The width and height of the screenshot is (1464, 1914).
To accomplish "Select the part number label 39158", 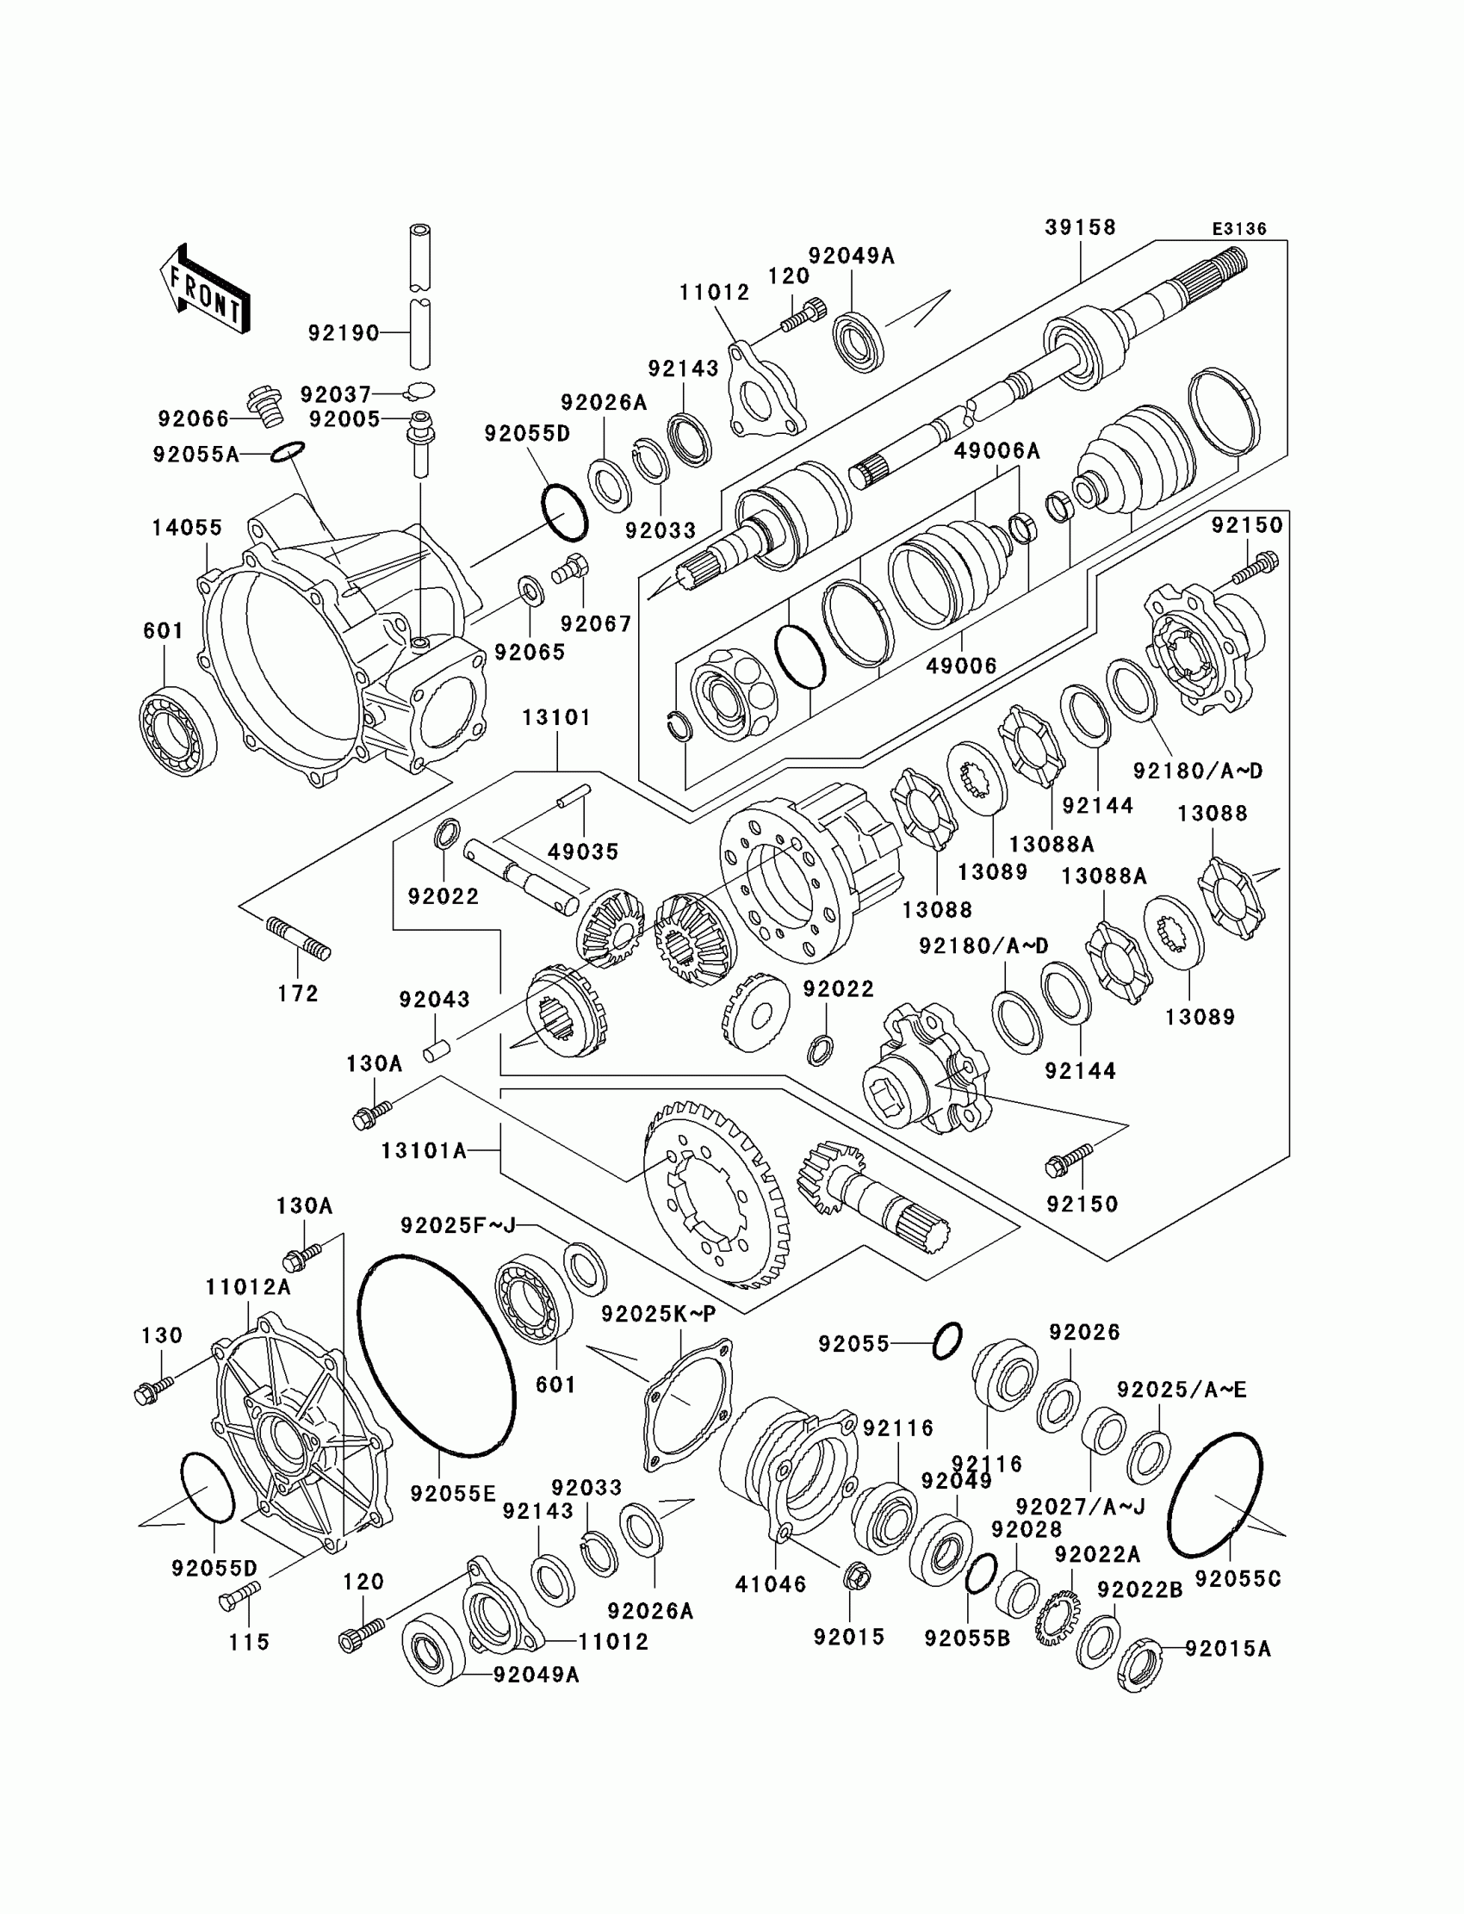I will (1080, 227).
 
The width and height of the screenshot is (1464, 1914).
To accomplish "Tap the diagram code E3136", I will (1239, 229).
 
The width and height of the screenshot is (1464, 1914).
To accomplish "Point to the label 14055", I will (187, 527).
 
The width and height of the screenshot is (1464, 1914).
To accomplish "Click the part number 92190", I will (344, 333).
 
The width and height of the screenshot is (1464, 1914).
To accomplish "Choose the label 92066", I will (194, 419).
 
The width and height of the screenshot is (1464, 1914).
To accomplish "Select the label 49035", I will (583, 852).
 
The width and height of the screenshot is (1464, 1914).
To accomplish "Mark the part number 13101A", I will (424, 1151).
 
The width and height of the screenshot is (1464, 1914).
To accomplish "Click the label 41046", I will (771, 1584).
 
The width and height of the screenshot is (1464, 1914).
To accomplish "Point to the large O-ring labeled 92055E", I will (436, 1356).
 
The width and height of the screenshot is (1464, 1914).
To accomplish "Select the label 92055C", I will (1238, 1578).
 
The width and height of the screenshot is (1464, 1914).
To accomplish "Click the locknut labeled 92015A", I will (1140, 1666).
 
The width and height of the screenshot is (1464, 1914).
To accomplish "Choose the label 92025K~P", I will (658, 1314).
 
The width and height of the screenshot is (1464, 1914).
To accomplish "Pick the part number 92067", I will (596, 623).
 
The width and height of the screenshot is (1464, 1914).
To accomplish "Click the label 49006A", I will (997, 450).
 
